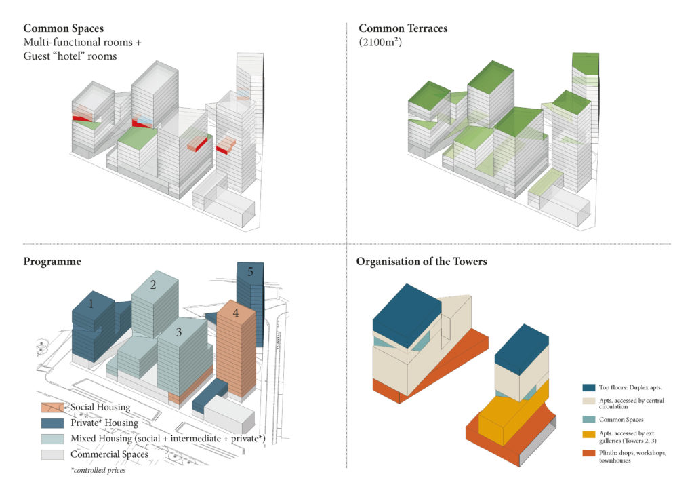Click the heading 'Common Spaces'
tap(63, 28)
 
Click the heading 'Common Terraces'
tap(403, 28)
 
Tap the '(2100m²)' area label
tap(380, 43)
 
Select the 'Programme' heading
tap(52, 262)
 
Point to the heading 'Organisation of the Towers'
tap(422, 262)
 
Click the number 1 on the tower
tap(91, 304)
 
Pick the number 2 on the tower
tap(153, 285)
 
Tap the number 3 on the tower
tap(179, 332)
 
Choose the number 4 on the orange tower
tap(236, 313)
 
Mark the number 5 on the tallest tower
tap(251, 271)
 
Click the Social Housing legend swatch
tap(53, 408)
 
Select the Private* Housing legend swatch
tap(53, 423)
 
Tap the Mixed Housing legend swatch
tap(53, 439)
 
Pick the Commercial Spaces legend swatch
tap(53, 454)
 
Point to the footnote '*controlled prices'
tap(98, 470)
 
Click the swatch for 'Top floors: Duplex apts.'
tap(589, 387)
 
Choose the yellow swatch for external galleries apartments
tap(589, 435)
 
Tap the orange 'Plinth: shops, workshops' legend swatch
tap(589, 454)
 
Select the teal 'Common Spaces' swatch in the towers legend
tap(589, 419)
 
